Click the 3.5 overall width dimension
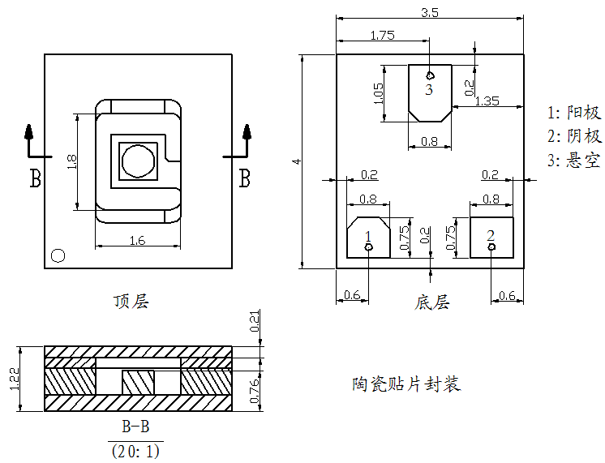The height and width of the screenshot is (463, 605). click(430, 12)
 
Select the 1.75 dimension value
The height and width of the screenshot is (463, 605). click(382, 35)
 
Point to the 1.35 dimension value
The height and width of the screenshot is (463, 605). click(487, 101)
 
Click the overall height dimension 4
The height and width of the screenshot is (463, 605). click(297, 161)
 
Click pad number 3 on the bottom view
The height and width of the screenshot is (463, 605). click(429, 88)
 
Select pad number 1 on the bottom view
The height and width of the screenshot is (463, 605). click(368, 236)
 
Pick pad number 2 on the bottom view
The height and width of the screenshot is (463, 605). click(491, 235)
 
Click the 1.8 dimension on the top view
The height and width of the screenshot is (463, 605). click(72, 161)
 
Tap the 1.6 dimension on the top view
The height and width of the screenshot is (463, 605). click(137, 239)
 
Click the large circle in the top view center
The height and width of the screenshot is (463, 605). click(136, 161)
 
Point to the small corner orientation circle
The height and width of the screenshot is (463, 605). click(58, 255)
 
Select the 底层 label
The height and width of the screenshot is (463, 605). click(431, 302)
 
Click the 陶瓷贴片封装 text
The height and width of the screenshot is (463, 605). click(406, 384)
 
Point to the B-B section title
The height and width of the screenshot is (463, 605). click(135, 427)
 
